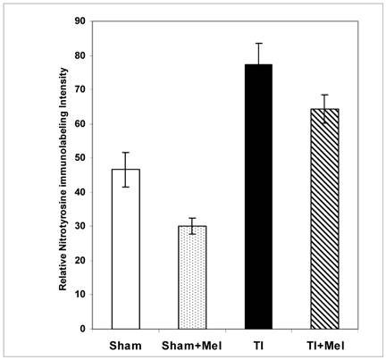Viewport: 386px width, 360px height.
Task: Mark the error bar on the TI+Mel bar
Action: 324,108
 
